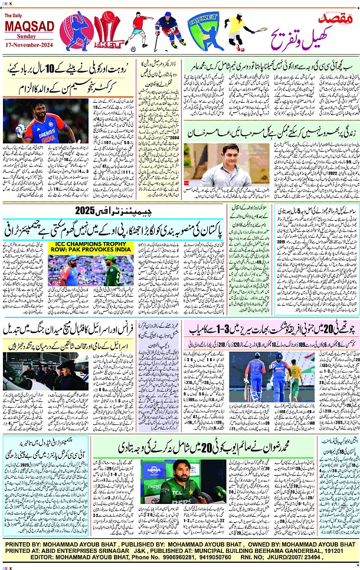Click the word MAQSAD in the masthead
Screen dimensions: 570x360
[x=30, y=26]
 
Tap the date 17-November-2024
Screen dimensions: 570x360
[x=30, y=44]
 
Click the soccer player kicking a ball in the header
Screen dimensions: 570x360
[x=136, y=30]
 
